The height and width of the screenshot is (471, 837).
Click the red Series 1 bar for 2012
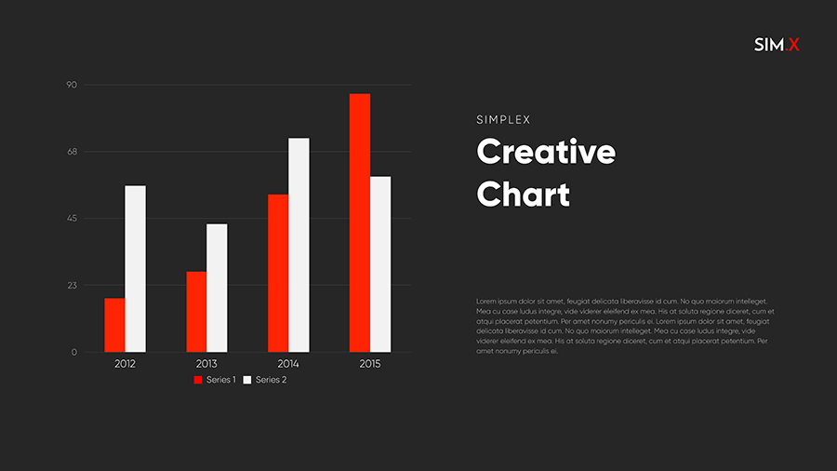114,325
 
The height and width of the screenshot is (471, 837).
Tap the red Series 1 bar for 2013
196,312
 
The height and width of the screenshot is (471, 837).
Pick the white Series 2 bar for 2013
217,288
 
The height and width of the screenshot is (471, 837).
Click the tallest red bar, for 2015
360,222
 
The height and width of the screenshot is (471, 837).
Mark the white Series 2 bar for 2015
380,264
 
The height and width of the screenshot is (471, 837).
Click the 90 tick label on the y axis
72,85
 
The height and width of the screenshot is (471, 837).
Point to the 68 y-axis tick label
72,152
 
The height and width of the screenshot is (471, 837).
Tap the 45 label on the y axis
72,219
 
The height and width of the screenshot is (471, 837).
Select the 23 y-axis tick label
72,286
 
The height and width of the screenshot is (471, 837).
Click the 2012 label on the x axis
125,364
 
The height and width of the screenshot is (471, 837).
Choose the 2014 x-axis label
288,364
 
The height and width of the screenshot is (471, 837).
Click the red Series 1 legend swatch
198,380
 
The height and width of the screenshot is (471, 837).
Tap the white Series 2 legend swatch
247,380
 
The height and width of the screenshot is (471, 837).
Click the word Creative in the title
546,152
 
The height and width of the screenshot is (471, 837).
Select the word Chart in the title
523,195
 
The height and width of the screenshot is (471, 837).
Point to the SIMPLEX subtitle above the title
502,120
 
